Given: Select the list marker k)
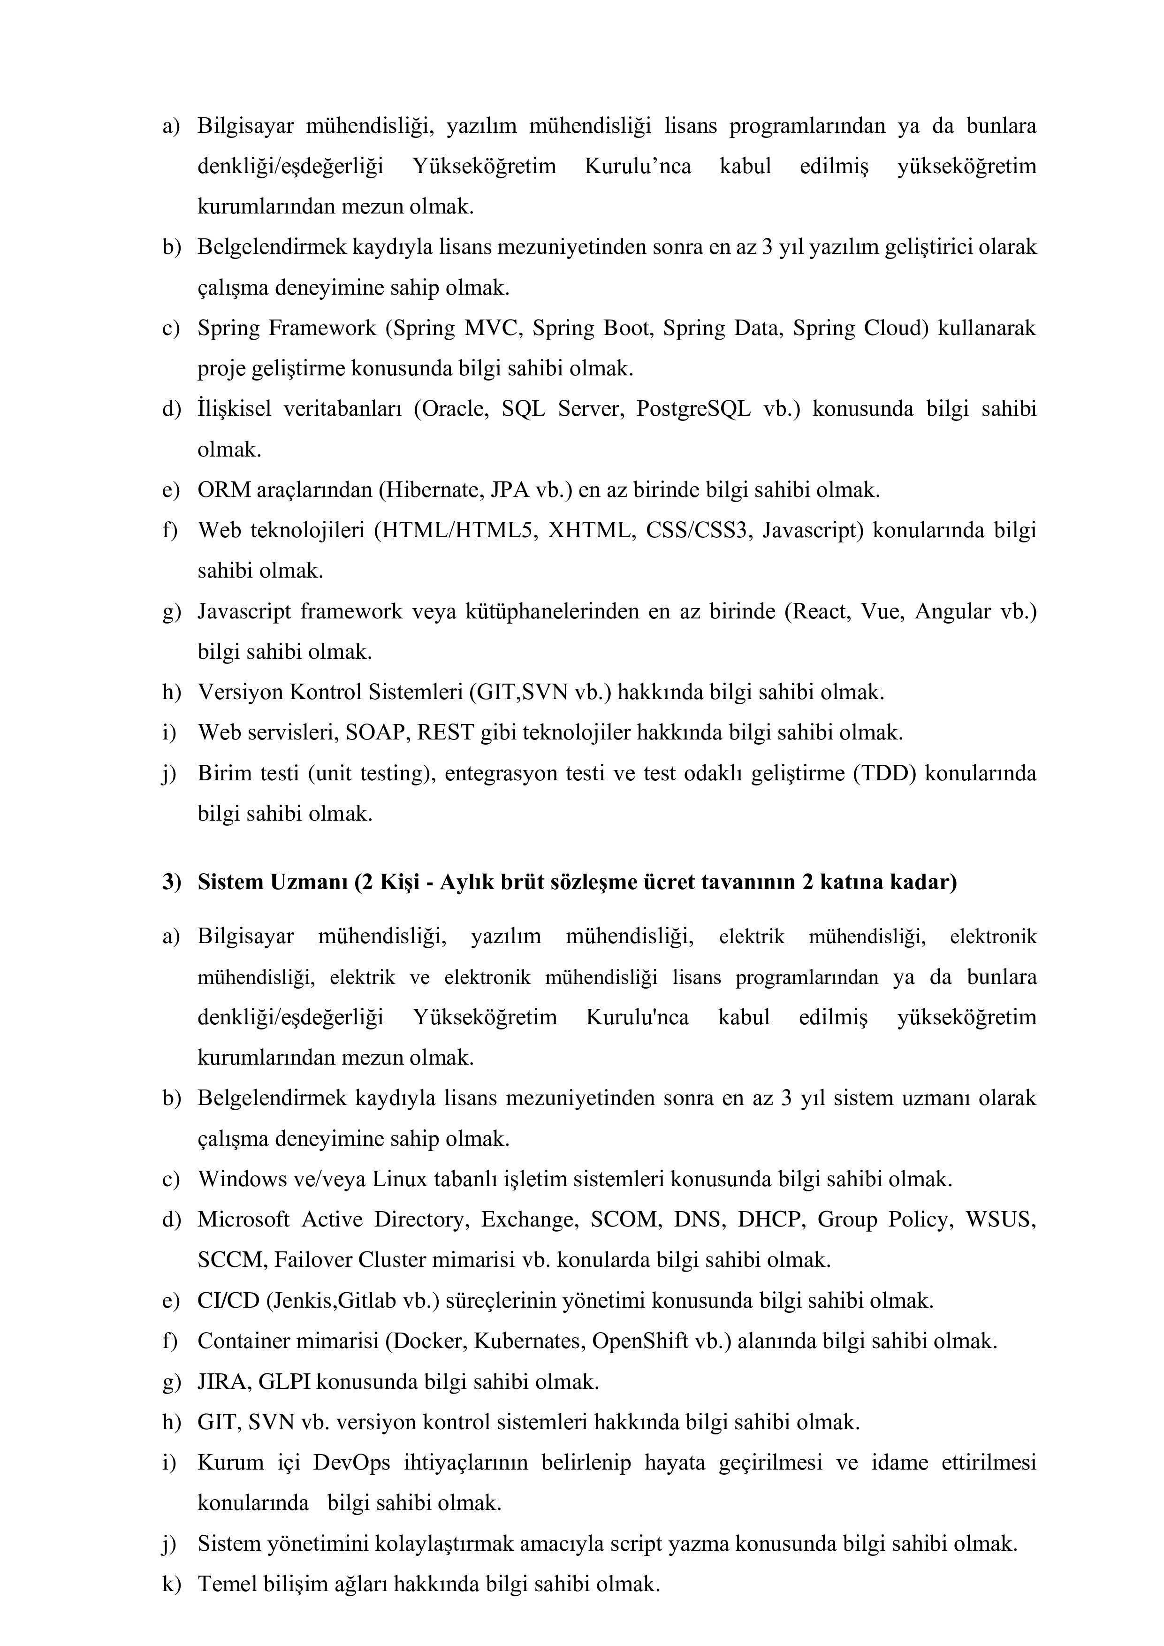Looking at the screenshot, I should [x=171, y=1584].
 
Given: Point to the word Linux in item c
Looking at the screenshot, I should [x=399, y=1179].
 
